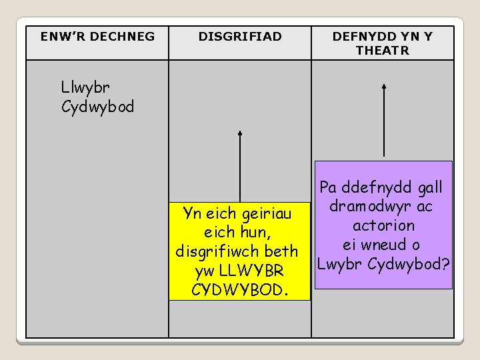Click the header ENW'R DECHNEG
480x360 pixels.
coord(97,37)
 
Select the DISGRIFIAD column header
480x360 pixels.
coord(240,37)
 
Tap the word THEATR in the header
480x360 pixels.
coord(383,50)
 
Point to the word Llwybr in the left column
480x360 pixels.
coord(85,87)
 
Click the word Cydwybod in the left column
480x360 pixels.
coord(97,106)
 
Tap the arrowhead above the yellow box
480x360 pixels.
coord(240,133)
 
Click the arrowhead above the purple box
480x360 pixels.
coord(384,86)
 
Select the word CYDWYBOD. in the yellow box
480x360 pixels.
coord(239,290)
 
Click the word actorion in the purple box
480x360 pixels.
coord(384,226)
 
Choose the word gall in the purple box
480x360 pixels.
coord(427,188)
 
